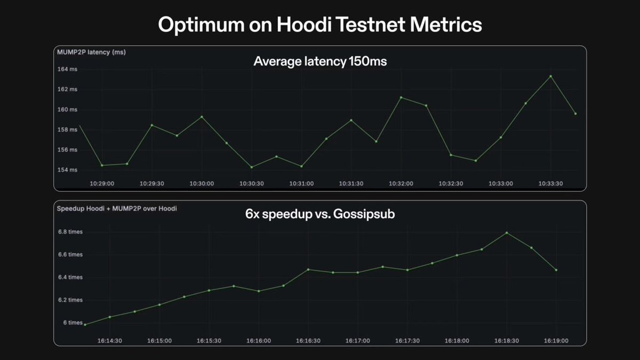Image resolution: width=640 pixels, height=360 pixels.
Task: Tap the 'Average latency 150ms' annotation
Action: pyautogui.click(x=320, y=62)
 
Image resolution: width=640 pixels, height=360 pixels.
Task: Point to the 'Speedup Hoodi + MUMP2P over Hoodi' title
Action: pyautogui.click(x=117, y=209)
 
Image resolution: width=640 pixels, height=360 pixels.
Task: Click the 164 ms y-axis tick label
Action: pyautogui.click(x=67, y=69)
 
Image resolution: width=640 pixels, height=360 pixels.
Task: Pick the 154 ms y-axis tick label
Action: pyautogui.click(x=67, y=170)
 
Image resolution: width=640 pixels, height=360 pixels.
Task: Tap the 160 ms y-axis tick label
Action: pyautogui.click(x=67, y=109)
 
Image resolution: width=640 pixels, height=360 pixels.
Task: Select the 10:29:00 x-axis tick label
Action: pyautogui.click(x=102, y=183)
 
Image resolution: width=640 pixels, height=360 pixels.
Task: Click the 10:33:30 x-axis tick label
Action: pyautogui.click(x=550, y=183)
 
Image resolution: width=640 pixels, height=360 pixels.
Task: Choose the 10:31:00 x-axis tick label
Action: pyautogui.click(x=301, y=183)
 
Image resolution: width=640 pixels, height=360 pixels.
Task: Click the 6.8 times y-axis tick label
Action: pyautogui.click(x=70, y=232)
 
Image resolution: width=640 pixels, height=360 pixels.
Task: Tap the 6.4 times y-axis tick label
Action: pyautogui.click(x=70, y=277)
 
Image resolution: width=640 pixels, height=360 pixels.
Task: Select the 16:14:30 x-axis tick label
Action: pyautogui.click(x=110, y=340)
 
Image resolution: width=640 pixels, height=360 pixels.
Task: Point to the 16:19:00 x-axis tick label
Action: pyautogui.click(x=556, y=340)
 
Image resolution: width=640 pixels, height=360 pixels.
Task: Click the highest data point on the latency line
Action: pyautogui.click(x=550, y=76)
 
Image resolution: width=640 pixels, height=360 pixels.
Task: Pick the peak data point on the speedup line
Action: pyautogui.click(x=507, y=233)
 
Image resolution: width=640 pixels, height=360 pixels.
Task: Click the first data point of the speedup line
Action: pyautogui.click(x=85, y=324)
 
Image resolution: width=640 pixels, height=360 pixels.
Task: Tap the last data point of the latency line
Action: pyautogui.click(x=575, y=114)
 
